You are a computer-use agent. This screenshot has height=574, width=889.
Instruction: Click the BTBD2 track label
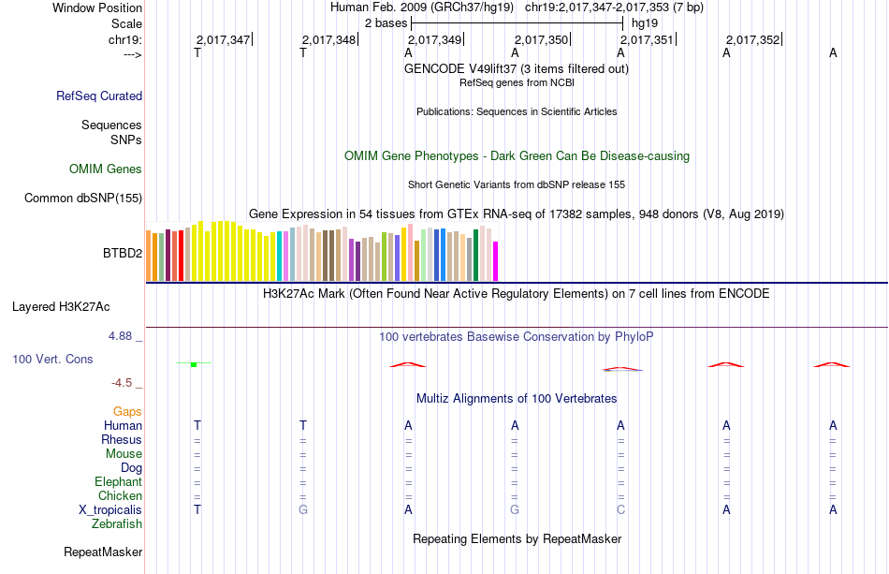tap(122, 253)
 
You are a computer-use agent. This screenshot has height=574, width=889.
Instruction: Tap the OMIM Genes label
tap(105, 169)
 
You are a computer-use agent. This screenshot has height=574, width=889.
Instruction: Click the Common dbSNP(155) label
tap(83, 198)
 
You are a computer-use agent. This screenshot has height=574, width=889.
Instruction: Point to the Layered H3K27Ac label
tap(74, 306)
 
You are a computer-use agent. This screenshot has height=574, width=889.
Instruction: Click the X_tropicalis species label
tap(110, 509)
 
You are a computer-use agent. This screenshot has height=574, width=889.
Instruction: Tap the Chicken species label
tap(120, 495)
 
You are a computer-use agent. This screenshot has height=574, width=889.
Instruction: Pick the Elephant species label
tap(118, 481)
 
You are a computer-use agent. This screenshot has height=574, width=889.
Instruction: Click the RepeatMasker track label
tap(103, 552)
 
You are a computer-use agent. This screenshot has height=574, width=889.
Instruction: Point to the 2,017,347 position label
tap(223, 40)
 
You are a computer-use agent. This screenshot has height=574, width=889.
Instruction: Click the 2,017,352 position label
tap(752, 40)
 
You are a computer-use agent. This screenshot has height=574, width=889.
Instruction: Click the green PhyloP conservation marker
tap(193, 363)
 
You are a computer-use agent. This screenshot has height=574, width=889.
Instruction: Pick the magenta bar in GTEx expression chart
tap(496, 261)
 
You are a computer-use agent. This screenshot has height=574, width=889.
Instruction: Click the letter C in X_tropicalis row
tap(620, 509)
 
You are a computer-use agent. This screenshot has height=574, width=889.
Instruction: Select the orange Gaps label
tap(127, 411)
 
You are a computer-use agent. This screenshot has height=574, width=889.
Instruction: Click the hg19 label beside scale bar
tap(645, 22)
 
